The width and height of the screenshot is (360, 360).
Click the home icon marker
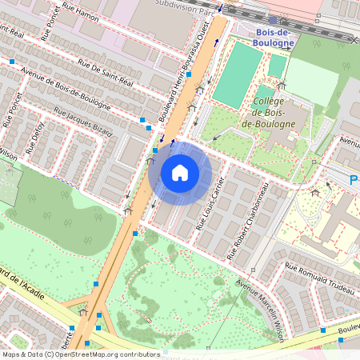[180, 173]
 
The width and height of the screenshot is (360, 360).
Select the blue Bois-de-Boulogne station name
[273, 37]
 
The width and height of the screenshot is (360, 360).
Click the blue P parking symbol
[354, 182]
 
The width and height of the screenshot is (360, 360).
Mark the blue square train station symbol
[273, 21]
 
